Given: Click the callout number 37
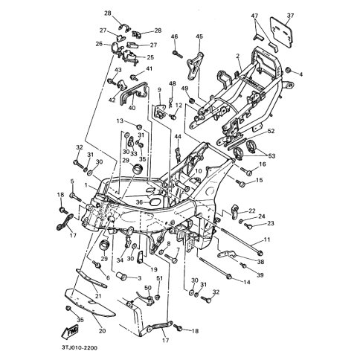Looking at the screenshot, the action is tap(290, 16).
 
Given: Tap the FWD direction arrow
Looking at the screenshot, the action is tap(70, 331).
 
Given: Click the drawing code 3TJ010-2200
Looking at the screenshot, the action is tap(79, 347).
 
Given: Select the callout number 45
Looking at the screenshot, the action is tap(199, 36).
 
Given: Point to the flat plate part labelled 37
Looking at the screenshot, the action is tap(281, 31).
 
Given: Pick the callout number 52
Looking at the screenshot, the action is tap(271, 131).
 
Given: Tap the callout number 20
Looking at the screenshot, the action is tap(102, 330).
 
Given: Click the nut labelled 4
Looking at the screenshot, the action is tap(289, 70).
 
